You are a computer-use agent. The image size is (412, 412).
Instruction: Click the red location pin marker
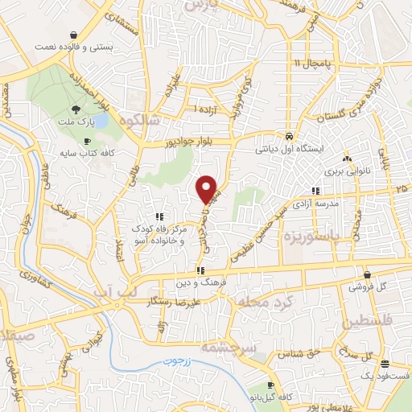pyautogui.click(x=208, y=189)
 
